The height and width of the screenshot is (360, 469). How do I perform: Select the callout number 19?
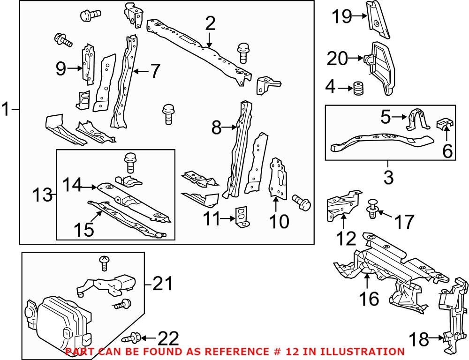pyautogui.click(x=342, y=16)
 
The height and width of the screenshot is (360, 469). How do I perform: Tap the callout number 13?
pyautogui.click(x=42, y=194)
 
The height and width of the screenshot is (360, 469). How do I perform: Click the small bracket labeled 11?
pyautogui.click(x=241, y=217)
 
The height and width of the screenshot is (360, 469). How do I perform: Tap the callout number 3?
pyautogui.click(x=388, y=177)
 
